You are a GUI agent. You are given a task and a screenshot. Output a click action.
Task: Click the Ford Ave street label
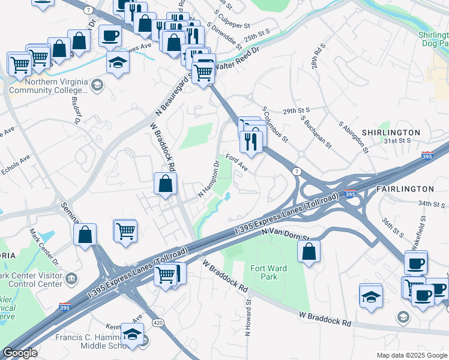(x=237, y=162)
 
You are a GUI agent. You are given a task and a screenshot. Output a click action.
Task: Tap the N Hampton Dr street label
(x=209, y=179)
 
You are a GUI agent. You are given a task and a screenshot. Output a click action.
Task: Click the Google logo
(x=20, y=353)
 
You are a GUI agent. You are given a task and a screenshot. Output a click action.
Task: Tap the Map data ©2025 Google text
(x=412, y=355)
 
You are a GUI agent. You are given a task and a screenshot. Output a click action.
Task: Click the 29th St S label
(x=296, y=110)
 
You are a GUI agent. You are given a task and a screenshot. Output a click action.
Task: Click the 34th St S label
(x=432, y=204)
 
